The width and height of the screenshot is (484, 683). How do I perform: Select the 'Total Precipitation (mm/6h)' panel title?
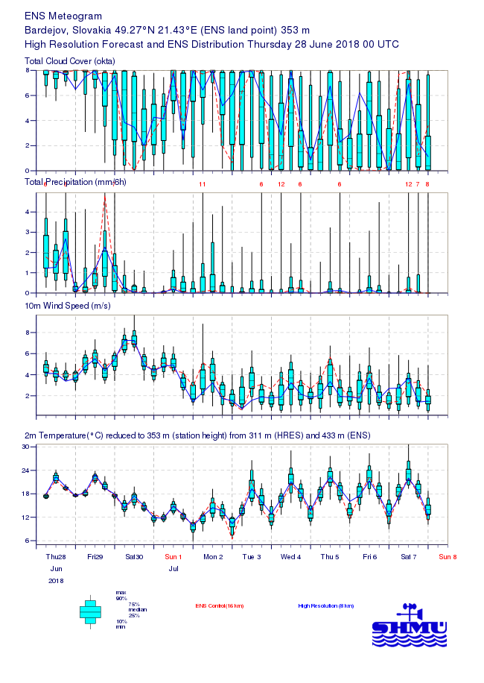coord(75,183)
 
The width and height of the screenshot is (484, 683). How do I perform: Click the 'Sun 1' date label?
coord(173,556)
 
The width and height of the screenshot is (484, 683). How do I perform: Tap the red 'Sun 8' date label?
coord(448,556)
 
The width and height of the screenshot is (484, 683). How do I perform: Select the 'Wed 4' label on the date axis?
coord(290,556)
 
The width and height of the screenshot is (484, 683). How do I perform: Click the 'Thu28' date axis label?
coord(56,556)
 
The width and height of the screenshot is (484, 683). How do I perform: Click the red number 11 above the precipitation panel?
coord(202,183)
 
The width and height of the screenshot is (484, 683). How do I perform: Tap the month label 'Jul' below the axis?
coord(173,568)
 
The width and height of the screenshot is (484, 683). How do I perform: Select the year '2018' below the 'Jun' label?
coord(56,580)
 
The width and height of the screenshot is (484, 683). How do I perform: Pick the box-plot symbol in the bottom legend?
coord(90,611)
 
